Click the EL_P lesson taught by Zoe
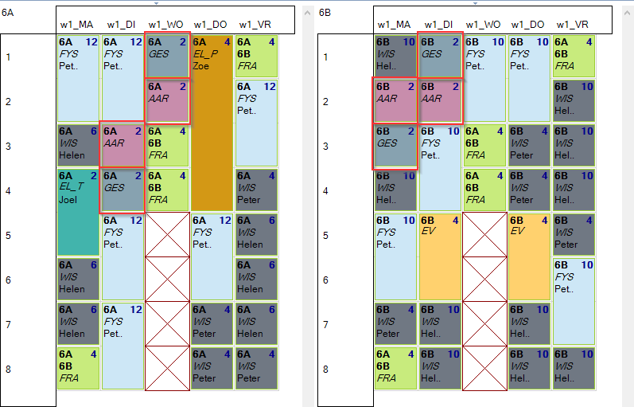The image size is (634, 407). click(x=212, y=123)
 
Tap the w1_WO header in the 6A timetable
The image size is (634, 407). click(x=165, y=25)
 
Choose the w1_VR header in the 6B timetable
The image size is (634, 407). click(x=573, y=25)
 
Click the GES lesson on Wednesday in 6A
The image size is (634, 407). click(x=167, y=56)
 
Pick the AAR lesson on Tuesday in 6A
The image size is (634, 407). click(x=123, y=144)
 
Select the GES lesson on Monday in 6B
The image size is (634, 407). click(x=395, y=146)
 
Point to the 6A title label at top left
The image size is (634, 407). click(x=8, y=13)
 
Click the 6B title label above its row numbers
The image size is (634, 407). click(x=325, y=13)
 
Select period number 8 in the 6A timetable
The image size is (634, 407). click(x=8, y=369)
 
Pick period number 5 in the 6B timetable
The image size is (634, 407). click(x=325, y=235)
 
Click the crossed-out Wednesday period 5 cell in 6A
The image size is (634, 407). click(x=167, y=234)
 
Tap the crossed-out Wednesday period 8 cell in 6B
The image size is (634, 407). click(x=484, y=368)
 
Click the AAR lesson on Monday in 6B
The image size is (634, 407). click(x=395, y=100)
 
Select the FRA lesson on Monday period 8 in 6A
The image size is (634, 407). click(x=78, y=369)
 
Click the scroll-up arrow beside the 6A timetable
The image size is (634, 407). click(x=307, y=13)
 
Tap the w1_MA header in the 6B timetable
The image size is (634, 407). click(x=394, y=25)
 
